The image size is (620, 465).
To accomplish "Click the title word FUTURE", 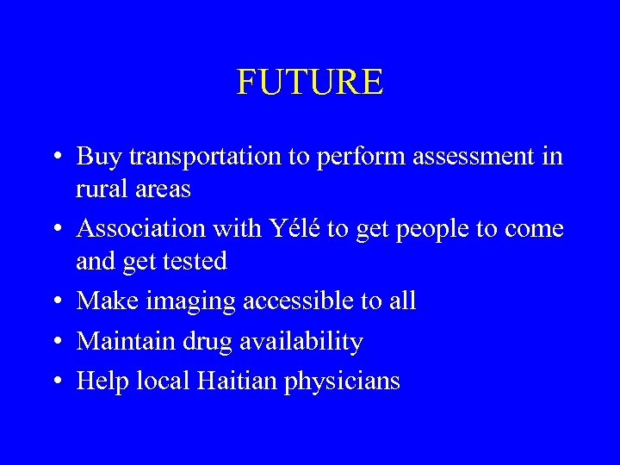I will pyautogui.click(x=310, y=83).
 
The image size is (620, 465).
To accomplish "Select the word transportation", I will pyautogui.click(x=204, y=157).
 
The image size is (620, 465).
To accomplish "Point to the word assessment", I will pyautogui.click(x=486, y=157).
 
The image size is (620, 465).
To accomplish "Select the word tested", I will pyautogui.click(x=195, y=261).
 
